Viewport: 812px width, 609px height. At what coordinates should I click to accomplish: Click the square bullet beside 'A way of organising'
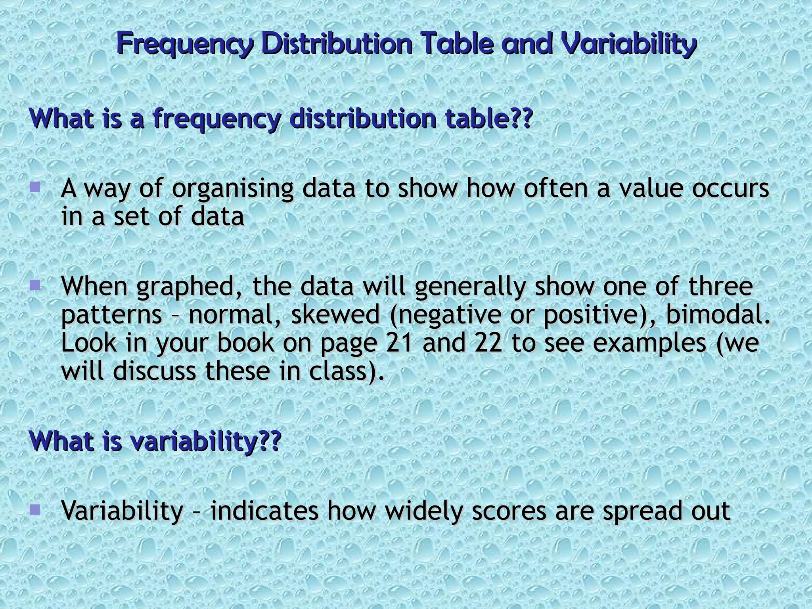pyautogui.click(x=35, y=186)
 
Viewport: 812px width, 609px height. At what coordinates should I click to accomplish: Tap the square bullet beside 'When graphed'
pyautogui.click(x=35, y=284)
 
